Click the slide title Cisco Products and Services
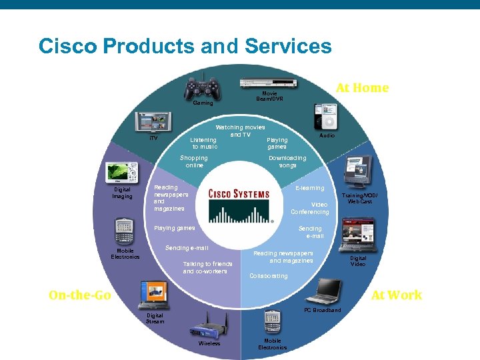pos(185,46)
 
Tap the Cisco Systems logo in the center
pos(239,201)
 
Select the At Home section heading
pos(362,88)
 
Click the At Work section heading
pos(397,295)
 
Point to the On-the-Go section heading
pos(80,295)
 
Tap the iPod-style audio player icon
pos(327,117)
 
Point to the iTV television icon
pos(153,123)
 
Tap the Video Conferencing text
pos(310,208)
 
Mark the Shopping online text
pos(194,161)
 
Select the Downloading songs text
pos(287,161)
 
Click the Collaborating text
pos(269,276)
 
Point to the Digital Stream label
pos(155,319)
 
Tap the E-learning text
pos(310,188)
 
